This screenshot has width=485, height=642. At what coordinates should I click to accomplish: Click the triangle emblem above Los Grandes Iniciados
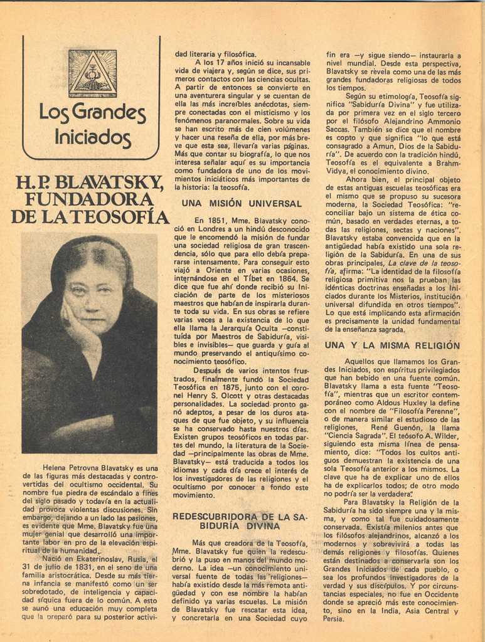[x=92, y=73]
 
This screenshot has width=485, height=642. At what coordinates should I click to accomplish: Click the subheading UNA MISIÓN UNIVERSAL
[x=242, y=203]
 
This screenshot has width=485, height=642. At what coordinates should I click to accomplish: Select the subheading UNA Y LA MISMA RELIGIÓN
[x=392, y=345]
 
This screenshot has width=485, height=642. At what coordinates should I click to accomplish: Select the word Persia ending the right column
[x=334, y=618]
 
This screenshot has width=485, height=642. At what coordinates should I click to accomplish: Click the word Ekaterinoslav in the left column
[x=94, y=558]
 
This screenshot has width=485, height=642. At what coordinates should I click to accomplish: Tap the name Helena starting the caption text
[x=55, y=468]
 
